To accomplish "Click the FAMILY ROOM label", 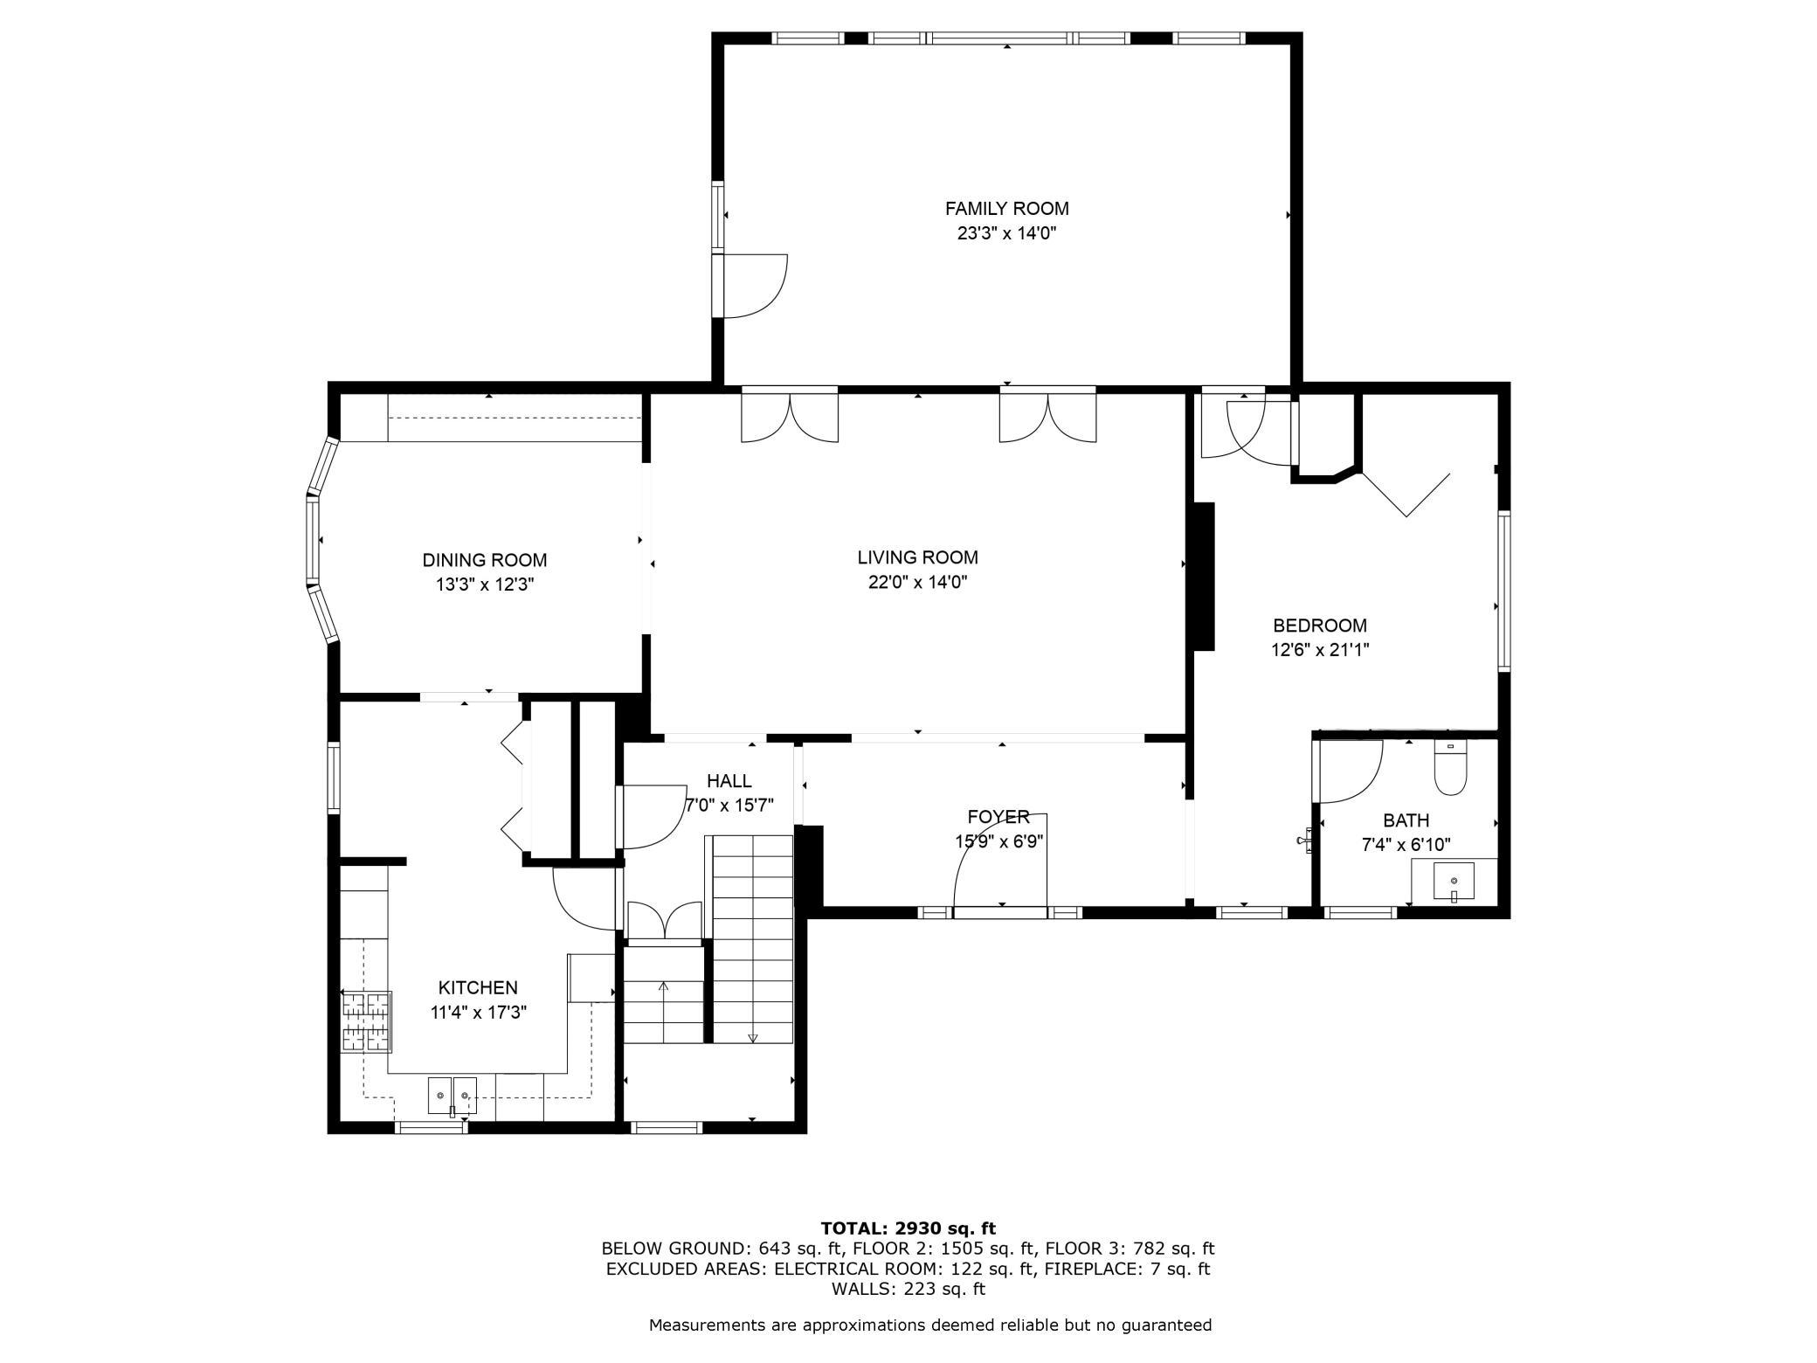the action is [1006, 209].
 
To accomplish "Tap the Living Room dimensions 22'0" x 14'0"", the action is [917, 582].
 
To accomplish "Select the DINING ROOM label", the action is [485, 560].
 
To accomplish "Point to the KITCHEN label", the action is [478, 987].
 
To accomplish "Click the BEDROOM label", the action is [1319, 626].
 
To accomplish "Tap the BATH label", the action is [1406, 820].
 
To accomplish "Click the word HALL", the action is [729, 781].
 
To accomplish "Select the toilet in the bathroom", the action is [1451, 767].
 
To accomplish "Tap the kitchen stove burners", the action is [367, 1021].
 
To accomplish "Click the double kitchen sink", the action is [453, 1097].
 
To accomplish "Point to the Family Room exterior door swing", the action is [750, 286].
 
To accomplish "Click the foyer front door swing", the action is [999, 860].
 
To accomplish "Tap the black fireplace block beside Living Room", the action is [1204, 577].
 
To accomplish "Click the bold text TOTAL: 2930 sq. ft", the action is [908, 1228].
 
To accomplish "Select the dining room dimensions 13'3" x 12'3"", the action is [485, 585].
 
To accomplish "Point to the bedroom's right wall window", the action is [1504, 591].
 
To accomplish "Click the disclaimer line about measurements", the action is [930, 1325].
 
